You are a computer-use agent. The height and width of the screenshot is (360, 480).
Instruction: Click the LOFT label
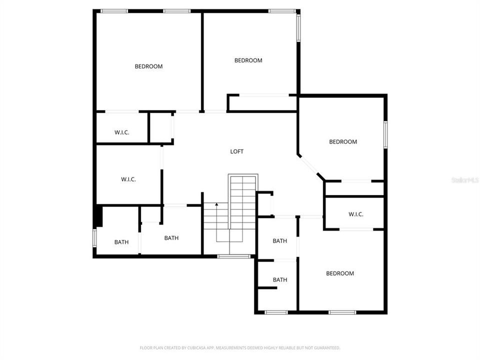(237, 151)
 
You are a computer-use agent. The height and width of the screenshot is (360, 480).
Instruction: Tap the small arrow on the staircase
(216, 204)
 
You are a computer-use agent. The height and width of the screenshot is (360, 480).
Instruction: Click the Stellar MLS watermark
(464, 179)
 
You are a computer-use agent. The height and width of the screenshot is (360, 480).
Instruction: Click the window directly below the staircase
(234, 256)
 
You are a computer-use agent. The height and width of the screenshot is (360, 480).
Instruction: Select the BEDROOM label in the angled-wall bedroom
(343, 141)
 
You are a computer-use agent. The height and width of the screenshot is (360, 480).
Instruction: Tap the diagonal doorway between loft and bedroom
(310, 166)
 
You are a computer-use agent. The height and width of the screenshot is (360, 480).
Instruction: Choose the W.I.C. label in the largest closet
(128, 179)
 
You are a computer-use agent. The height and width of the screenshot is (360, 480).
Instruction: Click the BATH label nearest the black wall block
(121, 242)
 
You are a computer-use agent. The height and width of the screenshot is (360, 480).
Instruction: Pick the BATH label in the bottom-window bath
(280, 279)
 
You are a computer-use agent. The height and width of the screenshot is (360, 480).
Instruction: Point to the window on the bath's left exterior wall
(94, 237)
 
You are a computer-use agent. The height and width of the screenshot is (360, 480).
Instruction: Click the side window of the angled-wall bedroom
(385, 134)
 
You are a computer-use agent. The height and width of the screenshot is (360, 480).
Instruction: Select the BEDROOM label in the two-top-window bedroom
(148, 66)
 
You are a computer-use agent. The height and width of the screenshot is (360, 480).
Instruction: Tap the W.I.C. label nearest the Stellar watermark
(356, 214)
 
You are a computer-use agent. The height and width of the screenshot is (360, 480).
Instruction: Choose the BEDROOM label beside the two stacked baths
(340, 273)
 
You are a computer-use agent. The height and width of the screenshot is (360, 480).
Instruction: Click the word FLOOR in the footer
(144, 347)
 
